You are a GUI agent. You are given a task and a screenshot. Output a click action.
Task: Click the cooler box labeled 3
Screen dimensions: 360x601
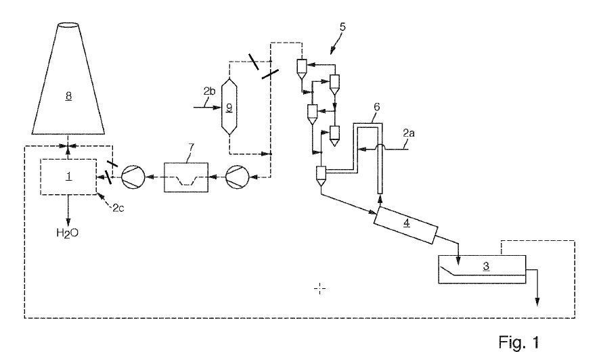(481, 268)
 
